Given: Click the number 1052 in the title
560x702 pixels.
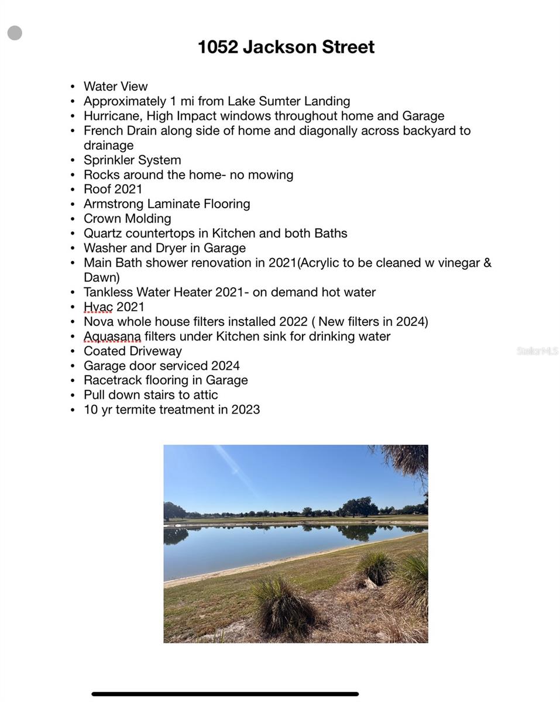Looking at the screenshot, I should click(218, 47).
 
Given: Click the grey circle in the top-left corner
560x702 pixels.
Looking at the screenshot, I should click(15, 33).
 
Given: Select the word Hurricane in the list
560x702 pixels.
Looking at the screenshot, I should click(112, 116).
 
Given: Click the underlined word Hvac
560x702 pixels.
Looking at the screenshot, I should click(98, 307).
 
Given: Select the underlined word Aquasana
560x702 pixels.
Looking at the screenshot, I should click(112, 336).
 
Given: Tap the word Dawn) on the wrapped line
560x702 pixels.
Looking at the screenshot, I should click(102, 277).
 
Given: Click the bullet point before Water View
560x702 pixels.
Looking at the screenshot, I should click(73, 87).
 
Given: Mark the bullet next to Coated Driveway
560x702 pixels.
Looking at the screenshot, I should click(73, 352).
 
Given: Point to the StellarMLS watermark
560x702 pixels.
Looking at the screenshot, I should click(537, 351).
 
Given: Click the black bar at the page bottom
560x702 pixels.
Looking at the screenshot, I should click(225, 694).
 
